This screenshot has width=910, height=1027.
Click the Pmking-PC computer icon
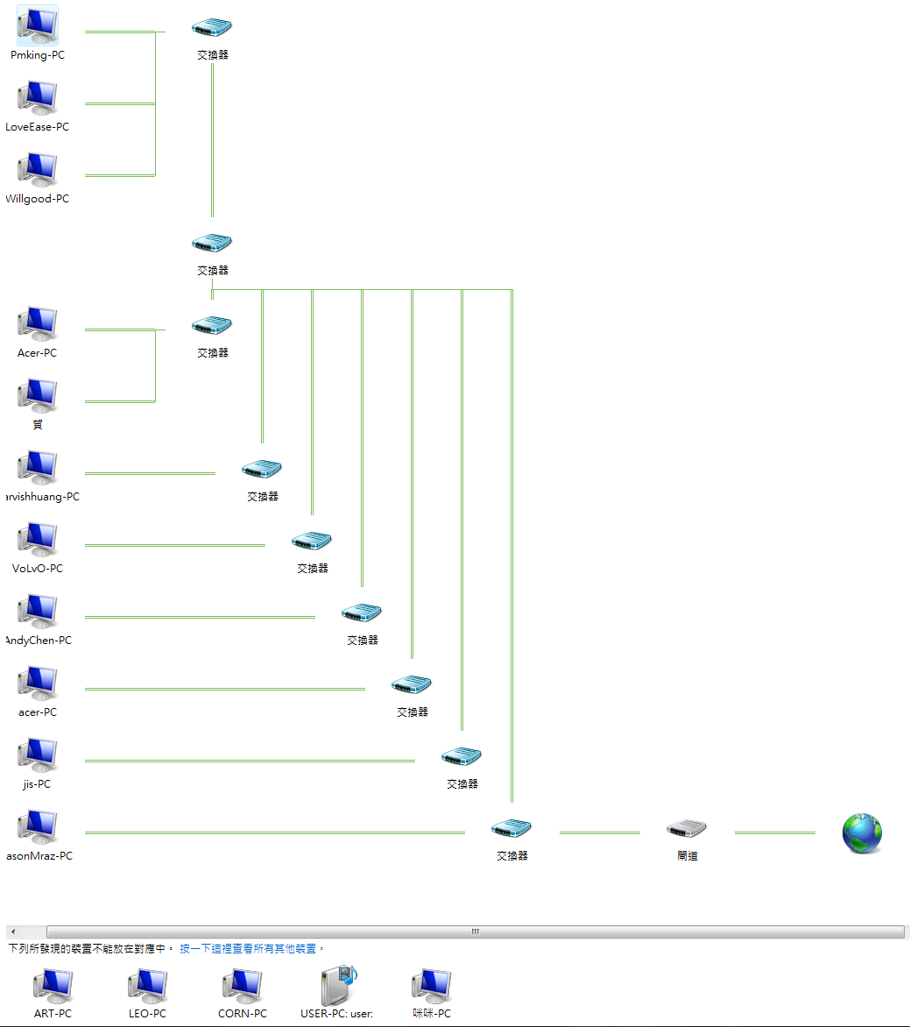[x=38, y=25]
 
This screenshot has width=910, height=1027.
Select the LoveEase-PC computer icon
[x=38, y=99]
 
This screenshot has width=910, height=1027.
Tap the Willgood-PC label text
[x=37, y=199]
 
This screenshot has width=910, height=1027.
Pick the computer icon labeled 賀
[x=38, y=396]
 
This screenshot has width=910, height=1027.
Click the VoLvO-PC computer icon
[x=38, y=541]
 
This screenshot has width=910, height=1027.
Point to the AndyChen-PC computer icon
[x=38, y=613]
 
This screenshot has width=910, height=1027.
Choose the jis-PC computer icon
[x=38, y=756]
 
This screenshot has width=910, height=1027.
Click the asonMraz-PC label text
[x=40, y=856]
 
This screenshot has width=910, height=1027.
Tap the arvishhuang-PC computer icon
[x=38, y=469]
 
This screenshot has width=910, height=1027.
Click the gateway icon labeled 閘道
[x=687, y=829]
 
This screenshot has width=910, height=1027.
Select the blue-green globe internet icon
[x=862, y=833]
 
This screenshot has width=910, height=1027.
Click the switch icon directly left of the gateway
[x=511, y=828]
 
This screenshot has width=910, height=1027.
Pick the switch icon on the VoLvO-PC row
[x=312, y=541]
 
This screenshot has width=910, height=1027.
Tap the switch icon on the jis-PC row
[x=462, y=756]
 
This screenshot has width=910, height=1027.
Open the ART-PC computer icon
[x=53, y=987]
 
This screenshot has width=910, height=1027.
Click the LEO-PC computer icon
[x=147, y=987]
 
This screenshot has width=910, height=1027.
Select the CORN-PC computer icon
[x=242, y=987]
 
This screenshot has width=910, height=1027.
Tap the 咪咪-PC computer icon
[x=432, y=987]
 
